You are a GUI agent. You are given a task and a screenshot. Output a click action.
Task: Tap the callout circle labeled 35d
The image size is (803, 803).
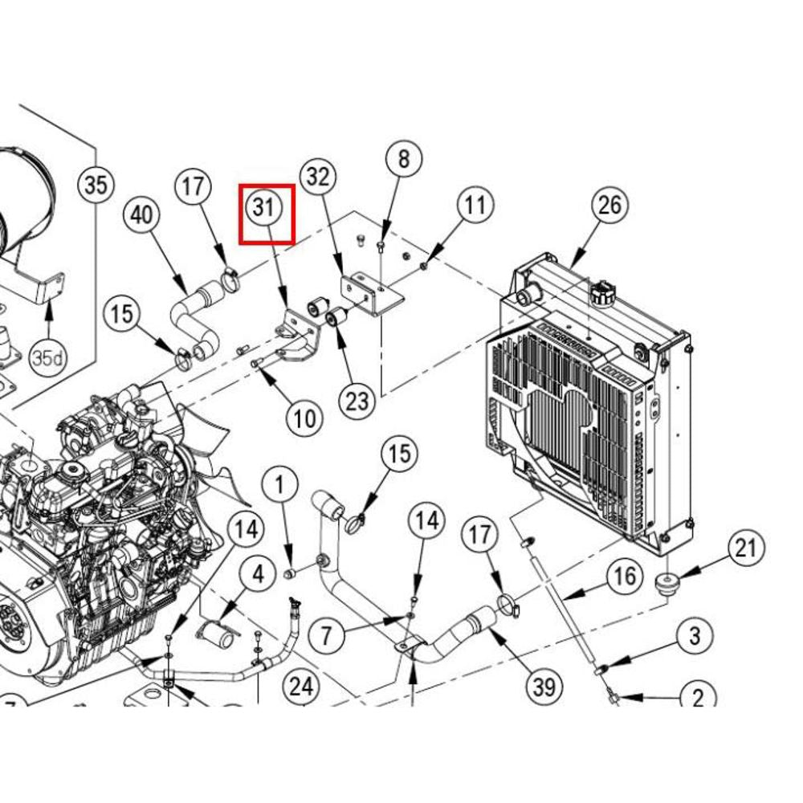47,357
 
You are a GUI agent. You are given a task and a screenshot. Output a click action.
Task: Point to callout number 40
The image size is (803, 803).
142,215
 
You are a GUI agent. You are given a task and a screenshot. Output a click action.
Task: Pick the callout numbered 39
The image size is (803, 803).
544,687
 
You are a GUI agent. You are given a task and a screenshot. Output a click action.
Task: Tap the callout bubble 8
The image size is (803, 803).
403,158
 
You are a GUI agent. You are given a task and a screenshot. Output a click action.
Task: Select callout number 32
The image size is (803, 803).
319,176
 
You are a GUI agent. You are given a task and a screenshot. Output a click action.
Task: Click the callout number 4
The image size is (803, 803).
258,575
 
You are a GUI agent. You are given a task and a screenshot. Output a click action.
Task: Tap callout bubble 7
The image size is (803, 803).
326,637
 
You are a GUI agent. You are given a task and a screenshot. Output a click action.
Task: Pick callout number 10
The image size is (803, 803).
304,418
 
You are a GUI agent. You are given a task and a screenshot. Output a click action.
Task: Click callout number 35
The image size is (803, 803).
95,185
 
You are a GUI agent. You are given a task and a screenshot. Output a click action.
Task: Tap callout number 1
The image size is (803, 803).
280,485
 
